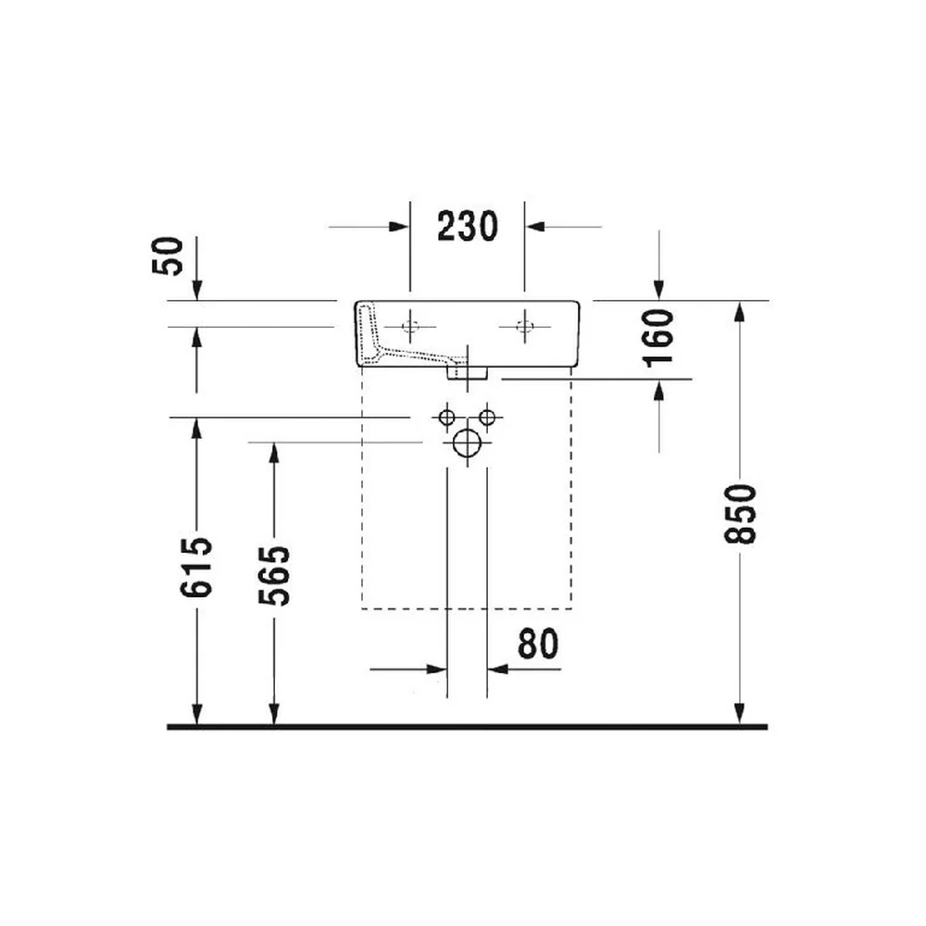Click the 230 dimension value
click(468, 226)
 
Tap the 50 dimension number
click(168, 256)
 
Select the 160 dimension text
click(658, 338)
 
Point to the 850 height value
click(740, 514)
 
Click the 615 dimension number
click(196, 567)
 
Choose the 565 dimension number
click(274, 575)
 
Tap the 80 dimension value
click(538, 644)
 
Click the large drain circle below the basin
click(467, 443)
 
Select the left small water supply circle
click(447, 418)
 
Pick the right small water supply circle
click(487, 418)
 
